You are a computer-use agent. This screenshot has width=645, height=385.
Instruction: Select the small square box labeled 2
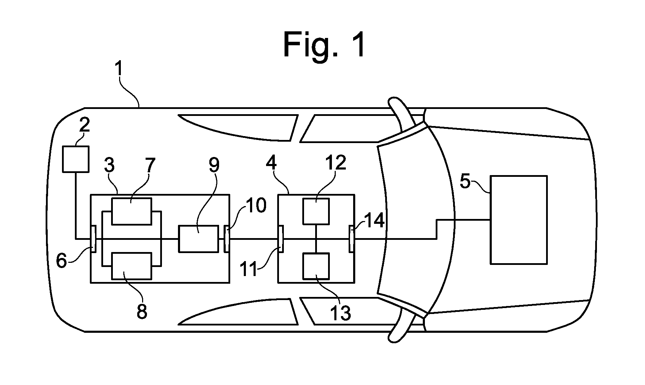coord(76,159)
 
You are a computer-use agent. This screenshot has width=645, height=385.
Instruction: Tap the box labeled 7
coord(131,211)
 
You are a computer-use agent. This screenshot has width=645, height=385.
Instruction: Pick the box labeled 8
coord(131,266)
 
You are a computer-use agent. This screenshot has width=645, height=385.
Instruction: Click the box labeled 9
coord(199,238)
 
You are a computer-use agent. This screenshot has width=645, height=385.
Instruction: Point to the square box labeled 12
coord(316,211)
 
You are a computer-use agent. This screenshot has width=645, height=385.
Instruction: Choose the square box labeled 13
coord(316,266)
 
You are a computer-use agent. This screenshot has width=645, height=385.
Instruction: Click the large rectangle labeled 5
coord(519,220)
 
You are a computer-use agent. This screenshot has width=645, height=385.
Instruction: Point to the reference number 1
coord(119,69)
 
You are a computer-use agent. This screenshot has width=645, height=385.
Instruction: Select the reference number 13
coord(340,313)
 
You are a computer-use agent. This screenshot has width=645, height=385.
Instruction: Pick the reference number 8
coord(142,312)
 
